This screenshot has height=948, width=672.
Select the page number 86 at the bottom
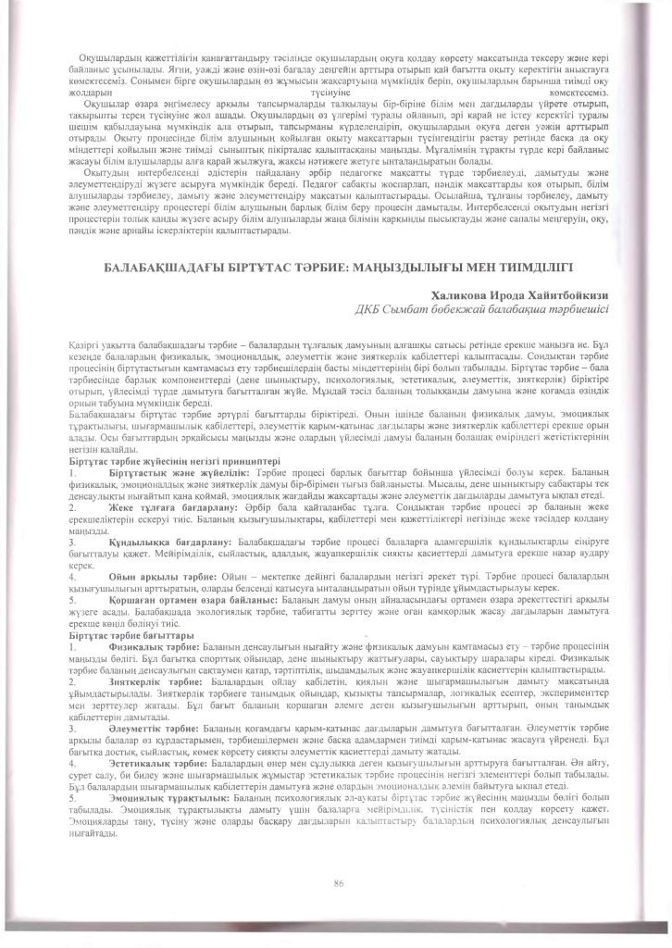pyautogui.click(x=338, y=884)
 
